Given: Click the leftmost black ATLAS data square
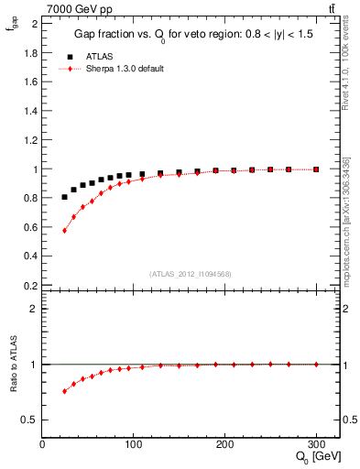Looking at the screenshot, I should pos(64,197).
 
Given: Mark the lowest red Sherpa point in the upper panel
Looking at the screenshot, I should pos(64,230).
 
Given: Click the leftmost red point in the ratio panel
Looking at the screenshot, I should pos(64,391).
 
